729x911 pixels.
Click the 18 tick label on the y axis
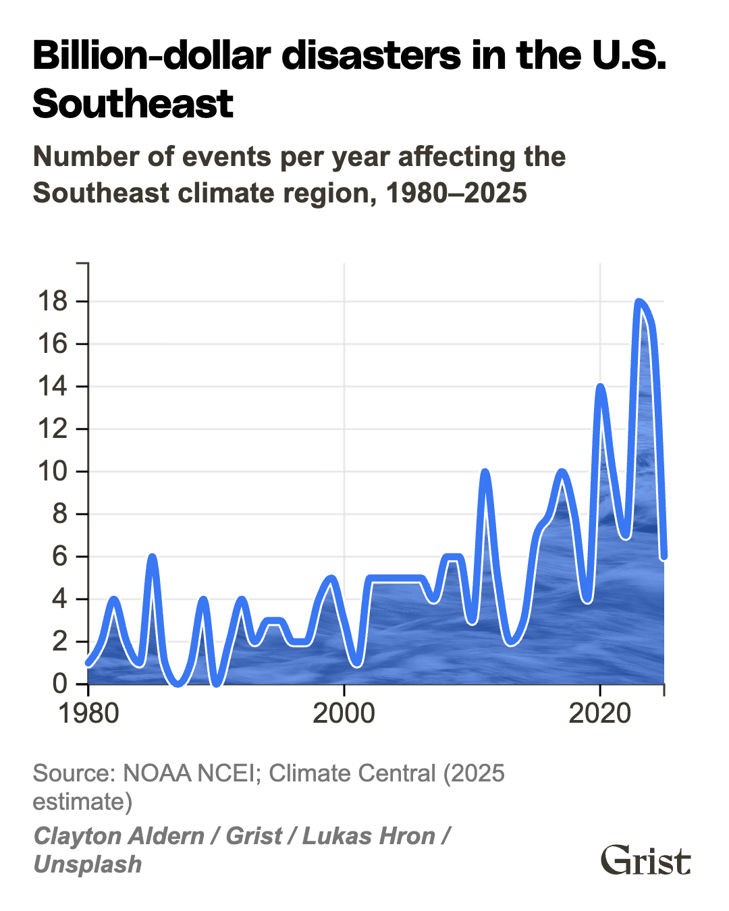(x=53, y=301)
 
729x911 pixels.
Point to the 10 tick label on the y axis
(x=53, y=471)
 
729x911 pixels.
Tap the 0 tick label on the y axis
(x=60, y=684)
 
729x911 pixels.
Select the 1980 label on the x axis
(x=88, y=713)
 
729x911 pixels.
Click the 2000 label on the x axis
(x=344, y=713)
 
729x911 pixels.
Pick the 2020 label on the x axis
(x=599, y=713)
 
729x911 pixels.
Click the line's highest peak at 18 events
(x=639, y=302)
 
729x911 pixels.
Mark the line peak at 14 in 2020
(x=600, y=387)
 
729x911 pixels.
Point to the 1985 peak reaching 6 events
(x=152, y=557)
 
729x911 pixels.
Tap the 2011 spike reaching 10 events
(x=485, y=472)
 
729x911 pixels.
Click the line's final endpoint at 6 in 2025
(x=664, y=555)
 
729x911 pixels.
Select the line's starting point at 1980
(x=88, y=663)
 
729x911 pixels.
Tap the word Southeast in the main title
(x=133, y=104)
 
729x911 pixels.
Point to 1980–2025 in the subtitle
(x=456, y=193)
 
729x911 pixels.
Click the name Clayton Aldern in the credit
(x=119, y=836)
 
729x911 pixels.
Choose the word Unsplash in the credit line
(x=88, y=864)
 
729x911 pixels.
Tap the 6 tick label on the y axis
(x=60, y=556)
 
